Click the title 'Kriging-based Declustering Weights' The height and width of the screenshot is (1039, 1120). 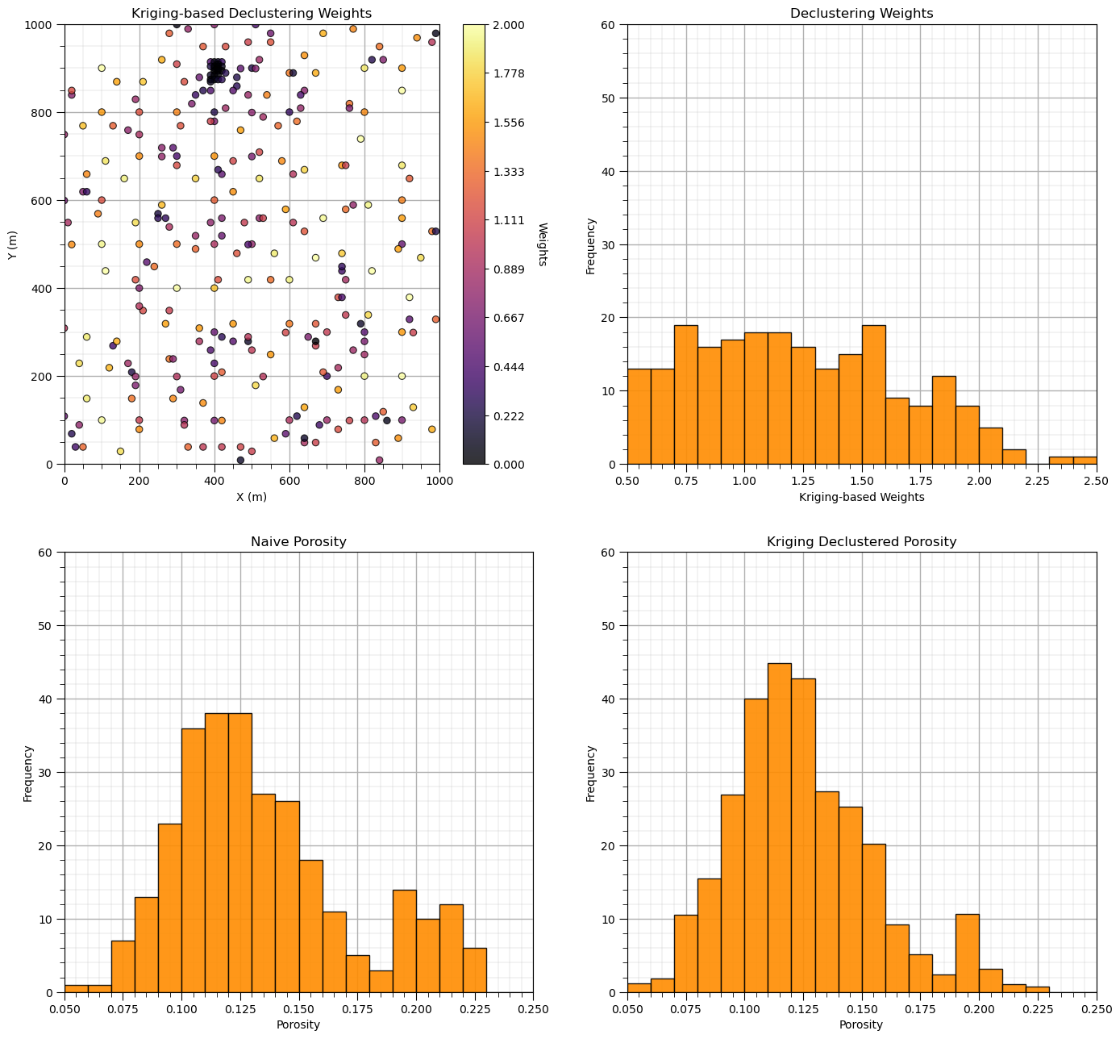coord(252,13)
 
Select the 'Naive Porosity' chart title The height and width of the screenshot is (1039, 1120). coord(298,541)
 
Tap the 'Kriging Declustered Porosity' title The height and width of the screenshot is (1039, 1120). coord(861,541)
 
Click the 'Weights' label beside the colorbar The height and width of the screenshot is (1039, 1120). coord(542,244)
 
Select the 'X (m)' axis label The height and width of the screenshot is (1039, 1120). coord(252,497)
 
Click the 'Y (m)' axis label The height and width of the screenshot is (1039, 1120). coord(12,244)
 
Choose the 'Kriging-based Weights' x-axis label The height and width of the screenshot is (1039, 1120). coord(861,497)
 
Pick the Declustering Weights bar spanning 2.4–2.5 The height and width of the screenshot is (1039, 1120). coord(1085,461)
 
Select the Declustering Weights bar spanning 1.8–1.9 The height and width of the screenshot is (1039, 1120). coord(944,420)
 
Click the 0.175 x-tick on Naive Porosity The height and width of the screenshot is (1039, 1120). coord(357,1009)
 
